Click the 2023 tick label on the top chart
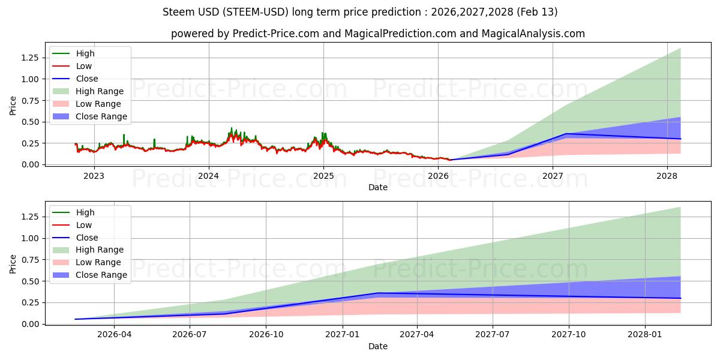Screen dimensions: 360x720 point(94,176)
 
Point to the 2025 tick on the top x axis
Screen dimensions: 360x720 point(323,176)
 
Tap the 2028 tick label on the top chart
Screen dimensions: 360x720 point(667,176)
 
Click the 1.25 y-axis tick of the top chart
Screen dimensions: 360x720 point(30,58)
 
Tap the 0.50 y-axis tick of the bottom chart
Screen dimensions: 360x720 point(30,281)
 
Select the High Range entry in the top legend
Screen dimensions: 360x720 point(100,91)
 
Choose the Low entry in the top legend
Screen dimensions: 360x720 point(84,66)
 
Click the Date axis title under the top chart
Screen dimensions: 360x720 point(378,187)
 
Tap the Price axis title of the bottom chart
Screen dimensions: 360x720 point(13,263)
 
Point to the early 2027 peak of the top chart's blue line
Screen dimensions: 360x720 point(566,134)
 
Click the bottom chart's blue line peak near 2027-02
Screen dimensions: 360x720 point(377,293)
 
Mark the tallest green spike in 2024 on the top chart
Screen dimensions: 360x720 point(232,128)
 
